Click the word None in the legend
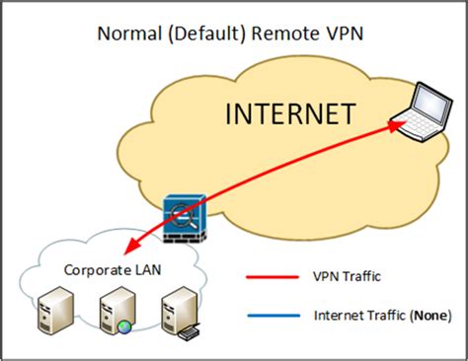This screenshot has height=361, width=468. click(x=430, y=316)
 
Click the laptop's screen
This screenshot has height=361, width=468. click(x=426, y=100)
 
